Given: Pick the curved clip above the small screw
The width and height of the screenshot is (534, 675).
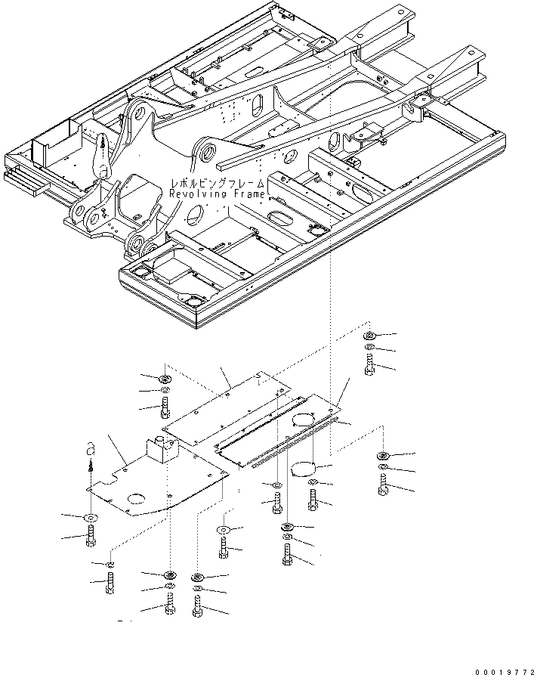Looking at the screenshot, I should (88, 449).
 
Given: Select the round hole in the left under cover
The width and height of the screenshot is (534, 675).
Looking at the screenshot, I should (138, 498).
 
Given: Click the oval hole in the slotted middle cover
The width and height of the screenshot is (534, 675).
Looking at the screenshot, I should (304, 419).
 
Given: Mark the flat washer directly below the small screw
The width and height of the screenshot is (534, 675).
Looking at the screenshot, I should (91, 517).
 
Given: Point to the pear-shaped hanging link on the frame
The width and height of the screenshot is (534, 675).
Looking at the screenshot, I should (101, 156).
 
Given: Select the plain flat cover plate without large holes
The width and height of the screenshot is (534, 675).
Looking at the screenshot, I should (227, 412).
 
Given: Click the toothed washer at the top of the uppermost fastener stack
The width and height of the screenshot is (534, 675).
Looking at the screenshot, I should (370, 335).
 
